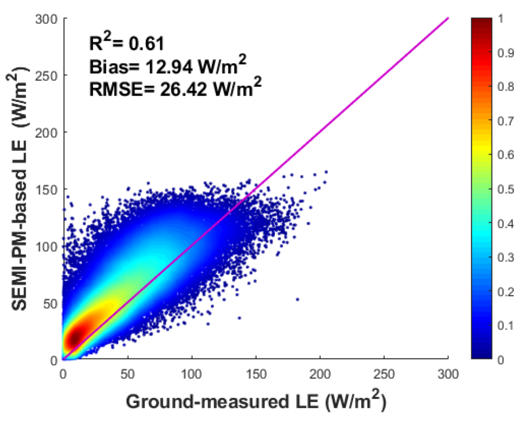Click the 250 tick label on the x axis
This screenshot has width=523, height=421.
pyautogui.click(x=384, y=371)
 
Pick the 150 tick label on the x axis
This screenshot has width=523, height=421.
pyautogui.click(x=256, y=371)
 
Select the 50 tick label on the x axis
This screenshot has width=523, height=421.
pyautogui.click(x=127, y=371)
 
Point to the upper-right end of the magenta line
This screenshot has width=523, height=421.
pyautogui.click(x=448, y=19)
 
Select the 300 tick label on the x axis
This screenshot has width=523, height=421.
pyautogui.click(x=448, y=371)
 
